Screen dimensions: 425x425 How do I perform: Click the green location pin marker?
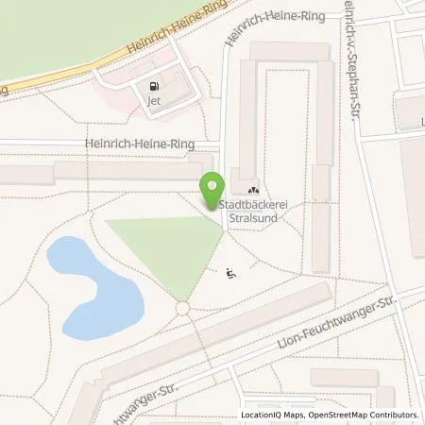point(211,186)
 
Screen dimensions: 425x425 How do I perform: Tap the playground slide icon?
point(232,274)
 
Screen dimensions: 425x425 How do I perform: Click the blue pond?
point(91,283)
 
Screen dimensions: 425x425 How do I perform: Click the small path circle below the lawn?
point(183,309)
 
